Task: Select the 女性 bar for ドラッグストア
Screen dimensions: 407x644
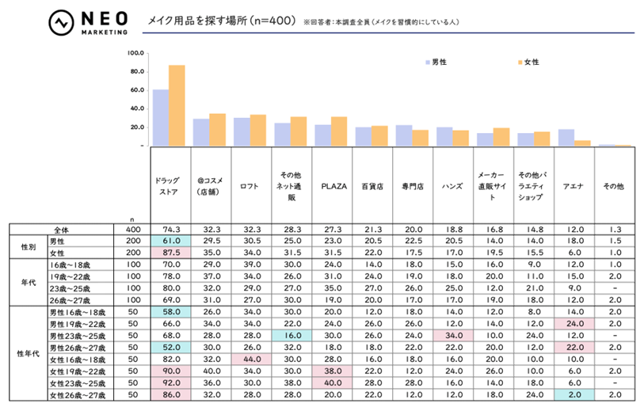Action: tap(176, 105)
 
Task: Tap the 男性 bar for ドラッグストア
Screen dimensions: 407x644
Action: tap(160, 117)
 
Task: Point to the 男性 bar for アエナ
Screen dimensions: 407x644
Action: tap(566, 137)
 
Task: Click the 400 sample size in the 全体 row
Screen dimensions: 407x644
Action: tap(132, 230)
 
